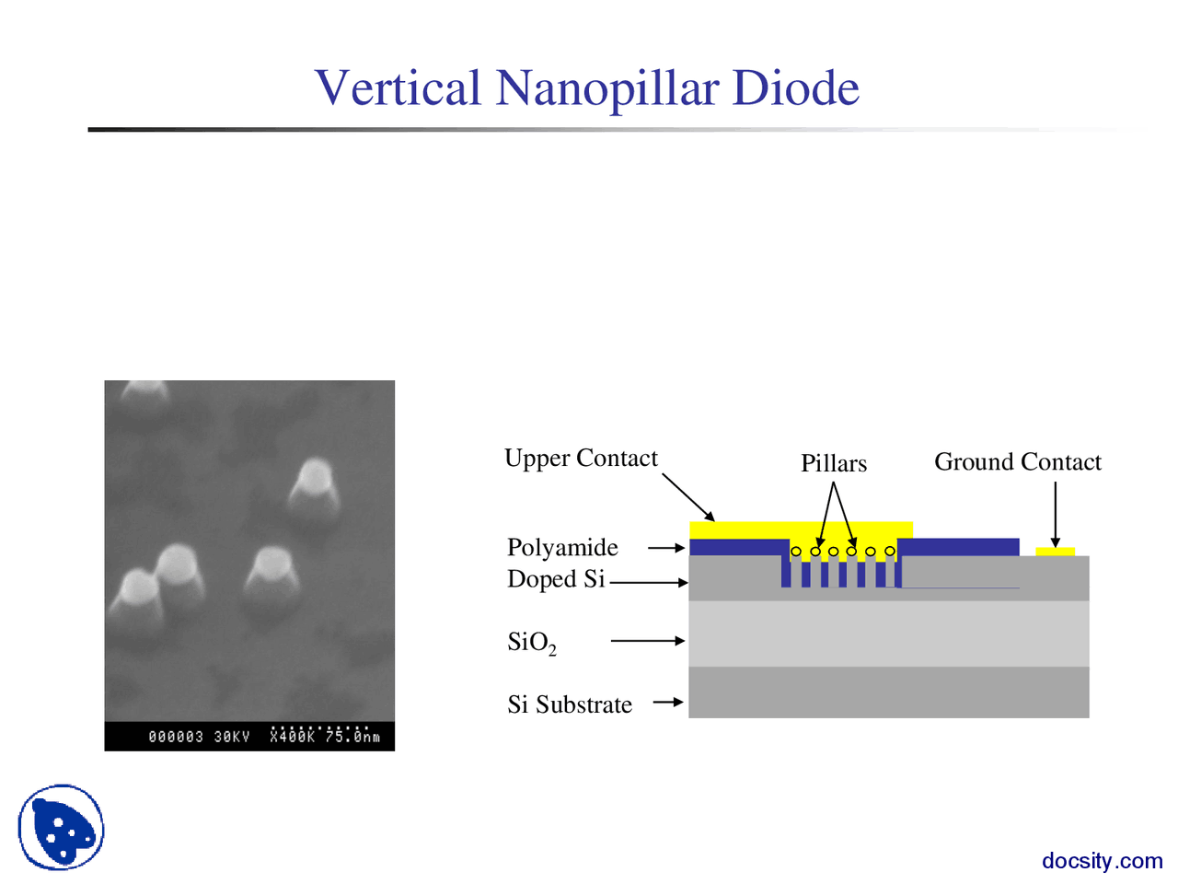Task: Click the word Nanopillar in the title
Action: [x=607, y=88]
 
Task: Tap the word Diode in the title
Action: [x=796, y=88]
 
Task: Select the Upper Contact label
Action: [x=581, y=458]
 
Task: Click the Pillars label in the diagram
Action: [x=833, y=463]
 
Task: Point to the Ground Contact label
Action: [x=1017, y=461]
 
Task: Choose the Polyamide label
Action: [x=562, y=547]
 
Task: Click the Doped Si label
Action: [x=556, y=579]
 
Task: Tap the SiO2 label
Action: [x=531, y=642]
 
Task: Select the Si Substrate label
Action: [x=570, y=704]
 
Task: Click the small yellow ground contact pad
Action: [x=1055, y=552]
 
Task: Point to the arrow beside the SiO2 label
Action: [x=648, y=640]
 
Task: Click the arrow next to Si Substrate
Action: [x=668, y=703]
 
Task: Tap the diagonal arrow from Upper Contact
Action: [x=688, y=497]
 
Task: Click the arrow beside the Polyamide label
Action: [x=666, y=548]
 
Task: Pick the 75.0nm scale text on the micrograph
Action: [x=352, y=737]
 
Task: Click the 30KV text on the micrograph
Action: [x=232, y=737]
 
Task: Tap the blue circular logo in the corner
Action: [x=61, y=827]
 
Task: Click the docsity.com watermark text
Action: [x=1102, y=861]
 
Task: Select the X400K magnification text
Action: [x=293, y=737]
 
